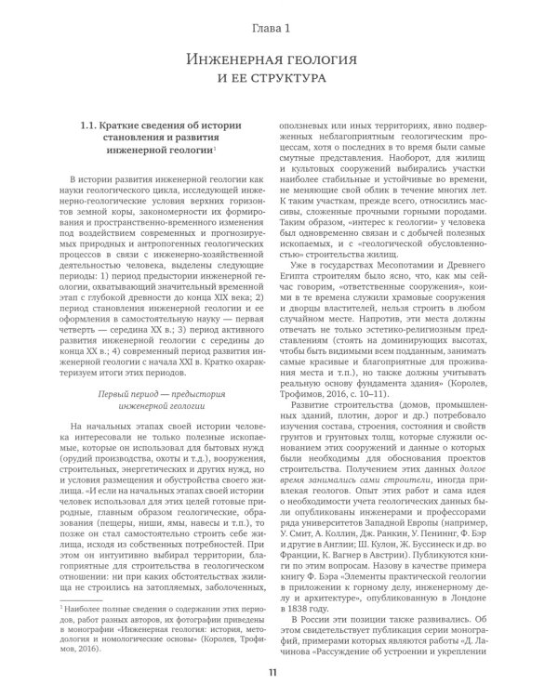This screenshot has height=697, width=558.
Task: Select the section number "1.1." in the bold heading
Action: [x=92, y=126]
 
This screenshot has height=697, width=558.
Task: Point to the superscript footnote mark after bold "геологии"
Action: [x=215, y=150]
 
